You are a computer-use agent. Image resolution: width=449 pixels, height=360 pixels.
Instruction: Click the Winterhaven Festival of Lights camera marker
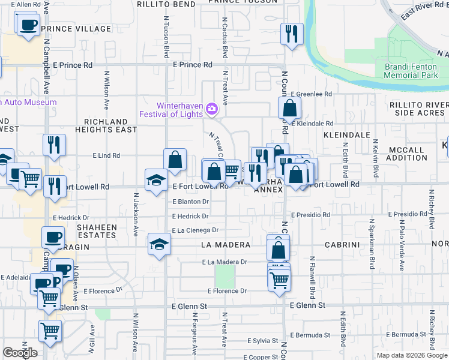(x=211, y=109)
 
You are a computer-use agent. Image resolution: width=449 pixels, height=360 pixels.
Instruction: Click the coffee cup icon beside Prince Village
(x=28, y=26)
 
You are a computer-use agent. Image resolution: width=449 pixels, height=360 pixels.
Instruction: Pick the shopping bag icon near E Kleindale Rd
(x=290, y=109)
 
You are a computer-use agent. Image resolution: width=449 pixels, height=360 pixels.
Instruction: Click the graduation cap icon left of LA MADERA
(x=159, y=244)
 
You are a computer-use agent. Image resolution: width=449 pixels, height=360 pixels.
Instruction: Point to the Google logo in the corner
(x=20, y=353)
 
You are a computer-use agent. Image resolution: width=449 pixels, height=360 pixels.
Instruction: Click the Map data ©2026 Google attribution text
(x=412, y=355)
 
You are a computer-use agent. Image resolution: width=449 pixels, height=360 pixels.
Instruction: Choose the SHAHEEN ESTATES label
(x=96, y=231)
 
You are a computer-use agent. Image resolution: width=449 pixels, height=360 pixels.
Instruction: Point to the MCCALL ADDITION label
(x=407, y=154)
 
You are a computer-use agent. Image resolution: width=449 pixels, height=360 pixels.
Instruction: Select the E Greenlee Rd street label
(x=311, y=94)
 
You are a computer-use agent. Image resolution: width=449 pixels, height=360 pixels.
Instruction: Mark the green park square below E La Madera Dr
(x=224, y=276)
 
